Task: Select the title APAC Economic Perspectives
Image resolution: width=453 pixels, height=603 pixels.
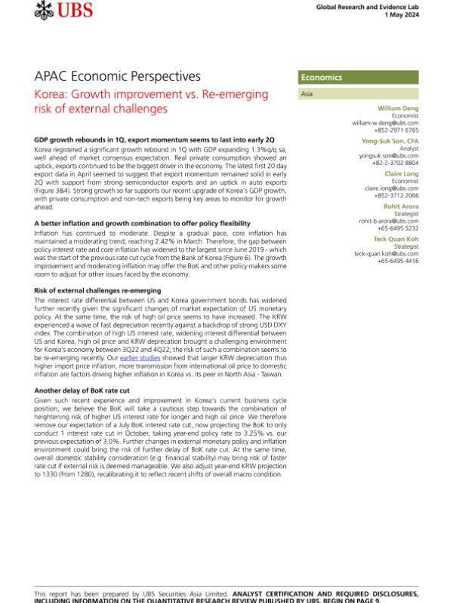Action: tap(118, 76)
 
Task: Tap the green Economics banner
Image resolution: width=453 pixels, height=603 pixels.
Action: tap(359, 78)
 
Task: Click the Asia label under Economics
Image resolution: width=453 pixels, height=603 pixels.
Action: tap(307, 94)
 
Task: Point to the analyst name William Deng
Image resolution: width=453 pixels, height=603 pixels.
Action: tap(398, 109)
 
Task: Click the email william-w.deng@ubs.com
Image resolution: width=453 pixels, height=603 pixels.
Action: tap(386, 123)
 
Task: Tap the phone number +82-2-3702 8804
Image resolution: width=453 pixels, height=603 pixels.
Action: tap(396, 163)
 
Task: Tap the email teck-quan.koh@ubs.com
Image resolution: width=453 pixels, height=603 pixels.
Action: tap(387, 253)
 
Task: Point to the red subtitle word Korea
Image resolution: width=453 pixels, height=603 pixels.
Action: tap(51, 94)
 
